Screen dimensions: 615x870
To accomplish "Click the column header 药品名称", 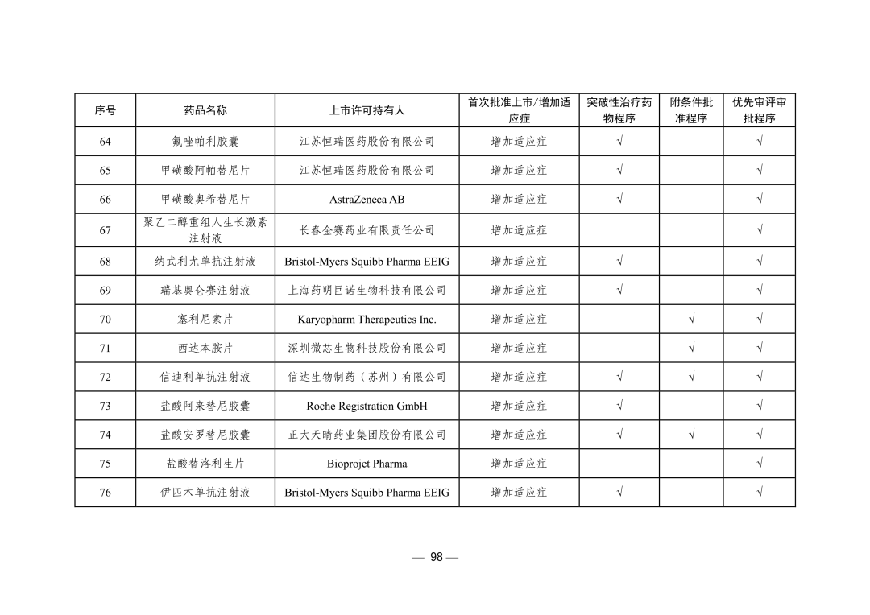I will pos(205,110).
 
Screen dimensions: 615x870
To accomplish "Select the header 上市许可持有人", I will pos(367,110).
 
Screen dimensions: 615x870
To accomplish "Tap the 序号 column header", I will pos(106,110).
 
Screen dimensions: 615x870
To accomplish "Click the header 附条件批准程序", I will pos(691,110).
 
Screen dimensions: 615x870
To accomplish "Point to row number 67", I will pos(106,230).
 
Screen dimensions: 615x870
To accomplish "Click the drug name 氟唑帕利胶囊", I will pos(205,142).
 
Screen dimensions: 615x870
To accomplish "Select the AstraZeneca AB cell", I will pos(367,200).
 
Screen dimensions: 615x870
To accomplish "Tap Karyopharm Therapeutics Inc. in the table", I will pos(367,320).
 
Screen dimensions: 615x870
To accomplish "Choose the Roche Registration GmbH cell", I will pos(367,407).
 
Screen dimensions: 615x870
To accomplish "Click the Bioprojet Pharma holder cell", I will pos(367,464).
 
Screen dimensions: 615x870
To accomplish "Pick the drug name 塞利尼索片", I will pos(205,320).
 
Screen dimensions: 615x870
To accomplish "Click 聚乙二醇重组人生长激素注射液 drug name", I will pos(205,230).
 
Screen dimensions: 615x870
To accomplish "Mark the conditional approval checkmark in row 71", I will pos(691,349).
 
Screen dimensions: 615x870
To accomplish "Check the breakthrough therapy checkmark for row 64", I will pos(619,142).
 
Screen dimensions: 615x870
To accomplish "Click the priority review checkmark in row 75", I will pos(759,464).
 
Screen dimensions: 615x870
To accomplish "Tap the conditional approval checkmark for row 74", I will pos(691,435).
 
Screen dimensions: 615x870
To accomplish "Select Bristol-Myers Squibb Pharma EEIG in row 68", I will pos(367,262).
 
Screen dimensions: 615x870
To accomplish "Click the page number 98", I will pos(436,557).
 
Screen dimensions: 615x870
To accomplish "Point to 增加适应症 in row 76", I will pos(519,493).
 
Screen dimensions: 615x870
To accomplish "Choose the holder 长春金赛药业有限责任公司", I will pos(367,230).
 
